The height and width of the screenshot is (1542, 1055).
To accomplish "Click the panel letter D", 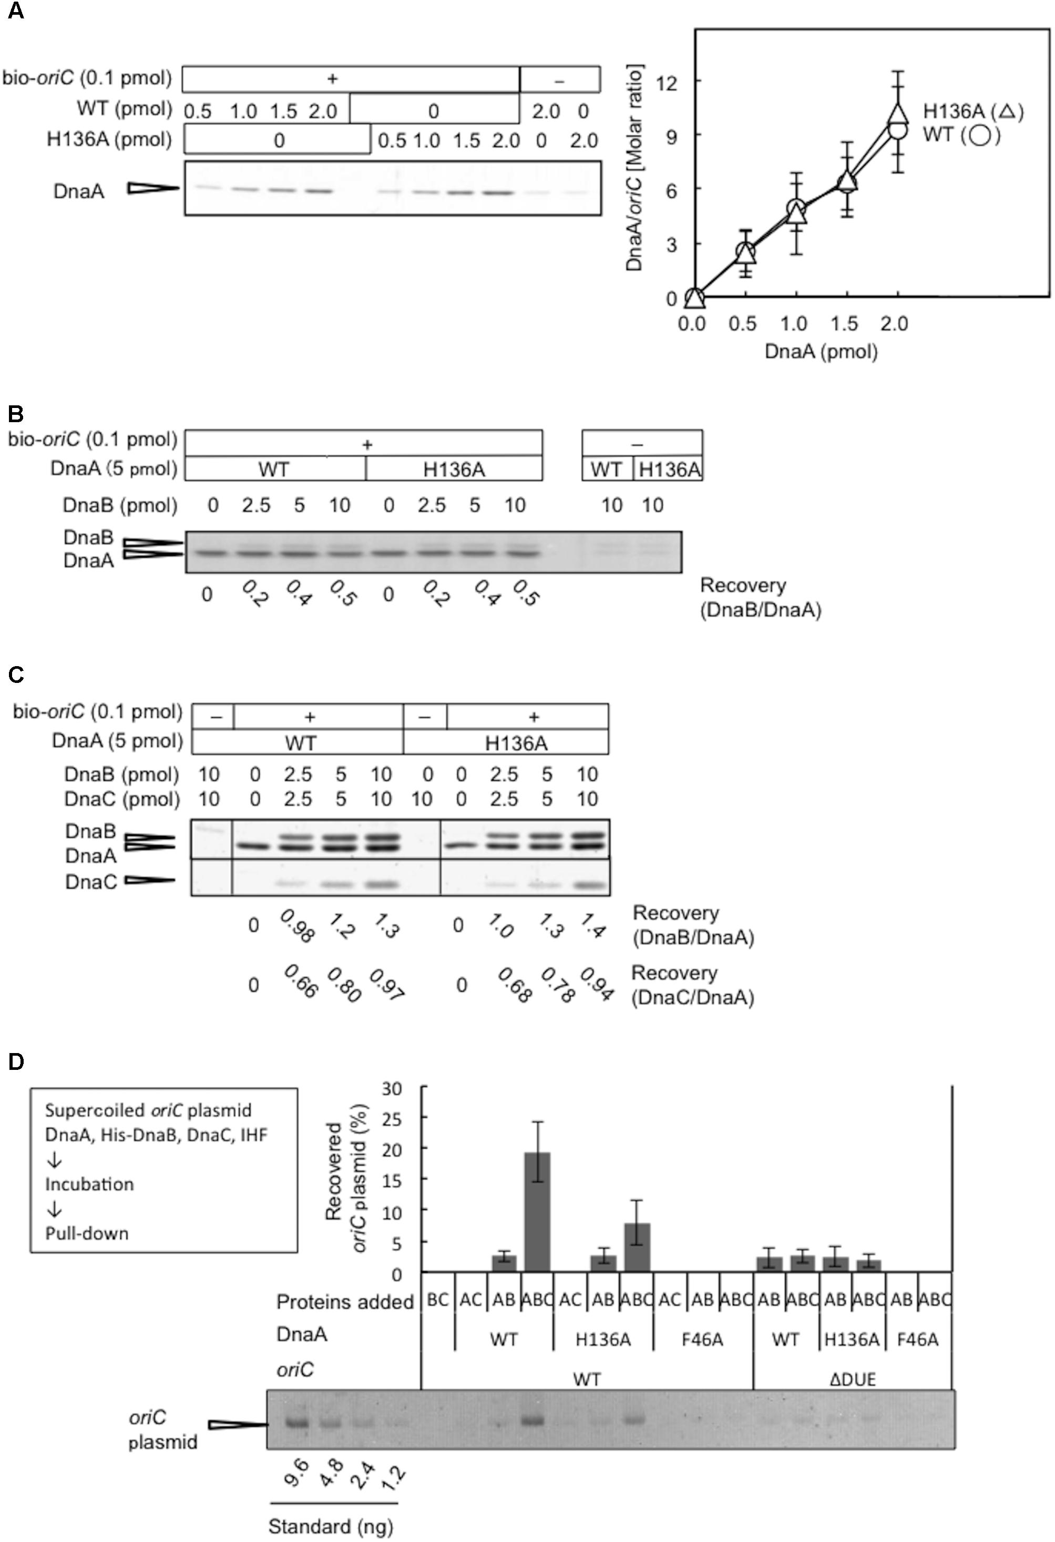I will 15,1061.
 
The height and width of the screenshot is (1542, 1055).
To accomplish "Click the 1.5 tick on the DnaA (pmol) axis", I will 844,324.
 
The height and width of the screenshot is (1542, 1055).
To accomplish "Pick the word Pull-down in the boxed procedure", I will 87,1233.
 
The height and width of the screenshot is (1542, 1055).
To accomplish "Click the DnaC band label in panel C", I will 91,882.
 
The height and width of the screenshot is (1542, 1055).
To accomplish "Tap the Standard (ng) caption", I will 331,1526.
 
